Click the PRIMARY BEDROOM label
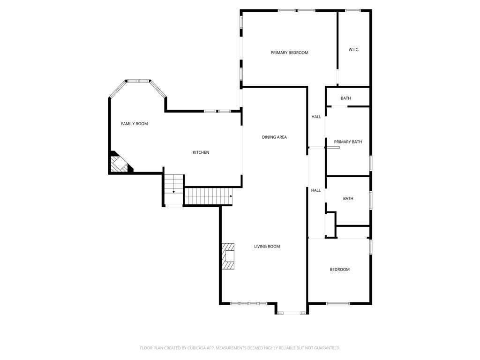tap(289, 52)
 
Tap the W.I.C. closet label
tap(354, 50)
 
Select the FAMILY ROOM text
tap(135, 124)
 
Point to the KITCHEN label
tap(201, 152)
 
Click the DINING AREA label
tap(274, 137)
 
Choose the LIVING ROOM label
tap(267, 247)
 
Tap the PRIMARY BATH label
tap(348, 142)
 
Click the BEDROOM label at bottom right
tap(339, 270)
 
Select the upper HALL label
tap(316, 117)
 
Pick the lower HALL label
tap(316, 190)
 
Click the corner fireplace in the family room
tap(119, 164)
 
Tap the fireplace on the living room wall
tap(228, 256)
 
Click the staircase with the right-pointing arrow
tap(209, 196)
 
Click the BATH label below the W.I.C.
tap(346, 98)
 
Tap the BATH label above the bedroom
tap(348, 199)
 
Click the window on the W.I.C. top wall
tap(352, 10)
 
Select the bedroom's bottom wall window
tap(337, 303)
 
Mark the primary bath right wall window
tap(370, 163)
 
